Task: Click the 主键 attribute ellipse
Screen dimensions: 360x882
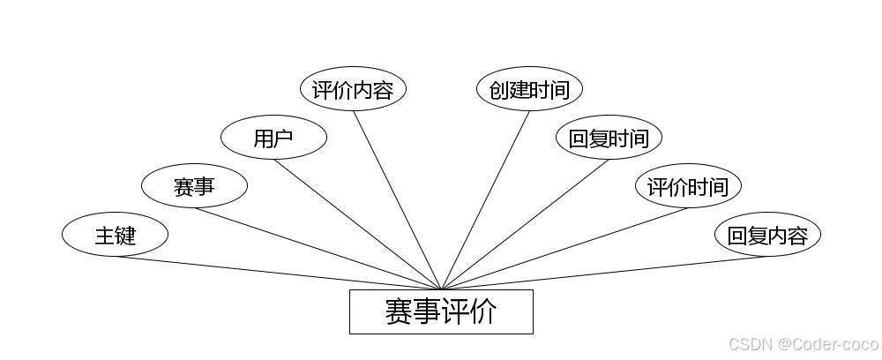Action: click(x=115, y=236)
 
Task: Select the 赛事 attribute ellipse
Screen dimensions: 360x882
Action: click(x=194, y=186)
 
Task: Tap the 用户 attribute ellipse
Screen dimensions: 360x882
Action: click(x=273, y=138)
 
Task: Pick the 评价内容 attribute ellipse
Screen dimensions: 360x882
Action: click(x=353, y=89)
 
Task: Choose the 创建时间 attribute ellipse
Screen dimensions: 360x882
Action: click(x=529, y=89)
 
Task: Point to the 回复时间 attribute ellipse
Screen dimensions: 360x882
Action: click(x=609, y=138)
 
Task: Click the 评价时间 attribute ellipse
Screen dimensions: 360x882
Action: click(x=688, y=186)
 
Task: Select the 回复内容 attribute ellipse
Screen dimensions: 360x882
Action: click(x=767, y=236)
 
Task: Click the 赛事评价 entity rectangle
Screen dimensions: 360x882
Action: click(x=441, y=311)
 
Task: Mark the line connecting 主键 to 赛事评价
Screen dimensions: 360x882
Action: click(x=278, y=273)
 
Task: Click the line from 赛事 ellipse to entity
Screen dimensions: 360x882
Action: click(x=318, y=249)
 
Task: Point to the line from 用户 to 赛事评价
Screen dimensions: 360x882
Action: click(x=357, y=224)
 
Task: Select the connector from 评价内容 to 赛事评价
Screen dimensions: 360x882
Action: click(x=397, y=200)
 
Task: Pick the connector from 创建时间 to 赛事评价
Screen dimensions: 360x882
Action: click(x=485, y=200)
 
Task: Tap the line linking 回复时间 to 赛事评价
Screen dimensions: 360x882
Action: click(x=525, y=224)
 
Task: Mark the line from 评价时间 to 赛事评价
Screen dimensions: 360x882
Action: click(x=564, y=249)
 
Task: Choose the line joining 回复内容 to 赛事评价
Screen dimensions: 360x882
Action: click(x=604, y=273)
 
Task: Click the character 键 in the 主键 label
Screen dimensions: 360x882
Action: click(x=125, y=236)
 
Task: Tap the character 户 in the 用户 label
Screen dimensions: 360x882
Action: click(x=283, y=138)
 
